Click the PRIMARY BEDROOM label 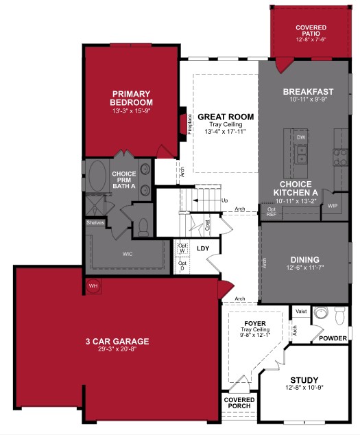pos(131,98)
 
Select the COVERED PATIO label pos(311,31)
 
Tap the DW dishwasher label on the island pos(300,137)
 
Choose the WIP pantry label pos(333,205)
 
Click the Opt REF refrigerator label pos(271,211)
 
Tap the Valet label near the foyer pos(300,311)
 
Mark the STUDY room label pos(304,380)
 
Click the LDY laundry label pos(203,248)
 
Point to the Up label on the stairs pos(224,201)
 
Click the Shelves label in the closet pos(95,222)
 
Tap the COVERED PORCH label pos(239,403)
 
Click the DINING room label pos(304,259)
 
